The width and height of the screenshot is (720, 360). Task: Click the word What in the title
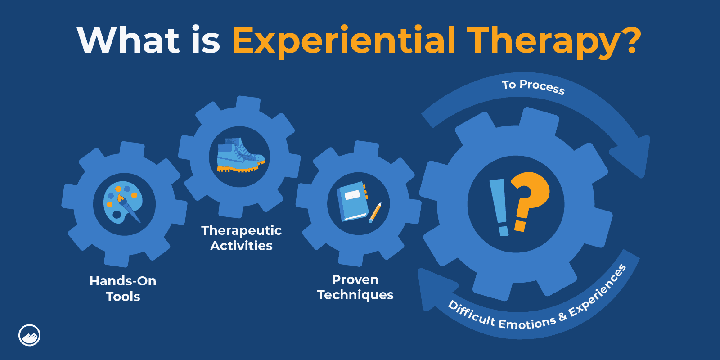click(129, 40)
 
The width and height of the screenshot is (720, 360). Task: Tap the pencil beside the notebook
click(375, 212)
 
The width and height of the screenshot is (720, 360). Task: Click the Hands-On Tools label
click(123, 288)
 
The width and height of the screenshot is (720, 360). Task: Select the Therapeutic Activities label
click(241, 238)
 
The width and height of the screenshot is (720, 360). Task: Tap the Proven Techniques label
click(355, 287)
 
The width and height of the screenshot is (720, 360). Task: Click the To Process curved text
click(533, 86)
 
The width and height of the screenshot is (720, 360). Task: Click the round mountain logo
click(30, 335)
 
